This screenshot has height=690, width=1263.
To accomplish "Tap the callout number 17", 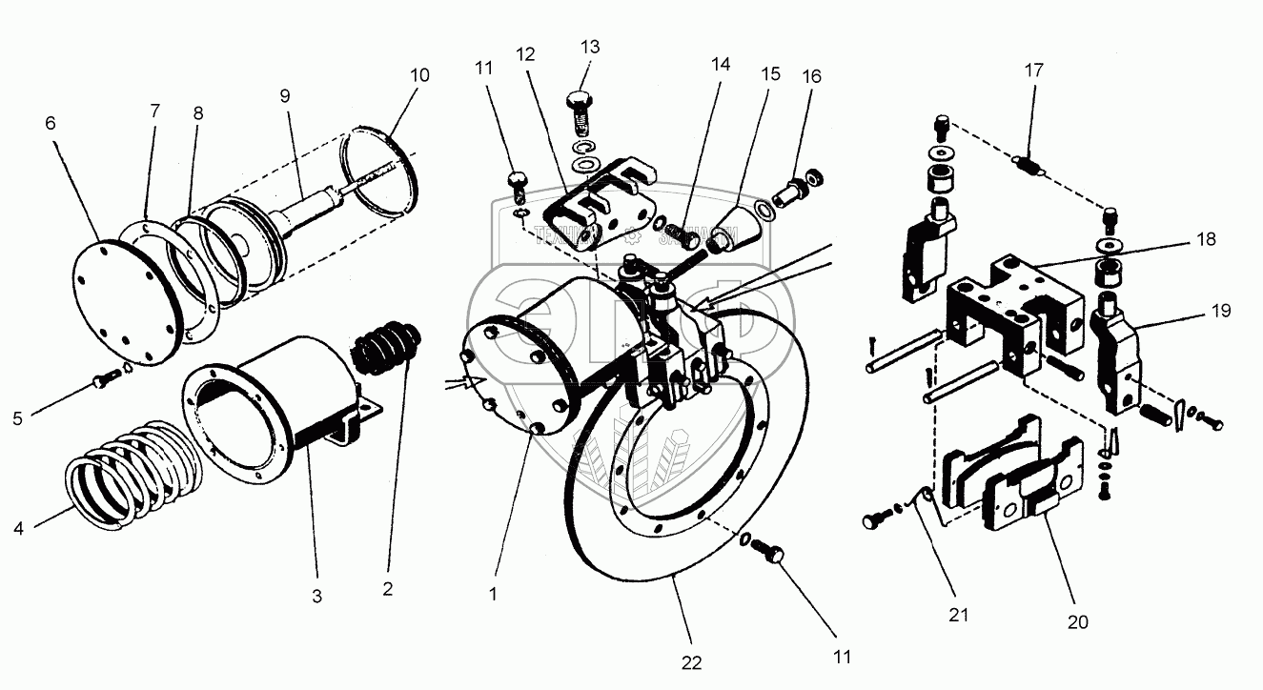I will coord(1034,71).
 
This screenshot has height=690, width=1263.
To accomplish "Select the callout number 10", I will coord(419,74).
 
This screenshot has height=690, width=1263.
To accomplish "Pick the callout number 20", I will coord(1078,621).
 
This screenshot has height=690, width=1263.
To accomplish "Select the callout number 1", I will coord(493,593).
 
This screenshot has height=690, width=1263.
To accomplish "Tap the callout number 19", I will coord(1222,311).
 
